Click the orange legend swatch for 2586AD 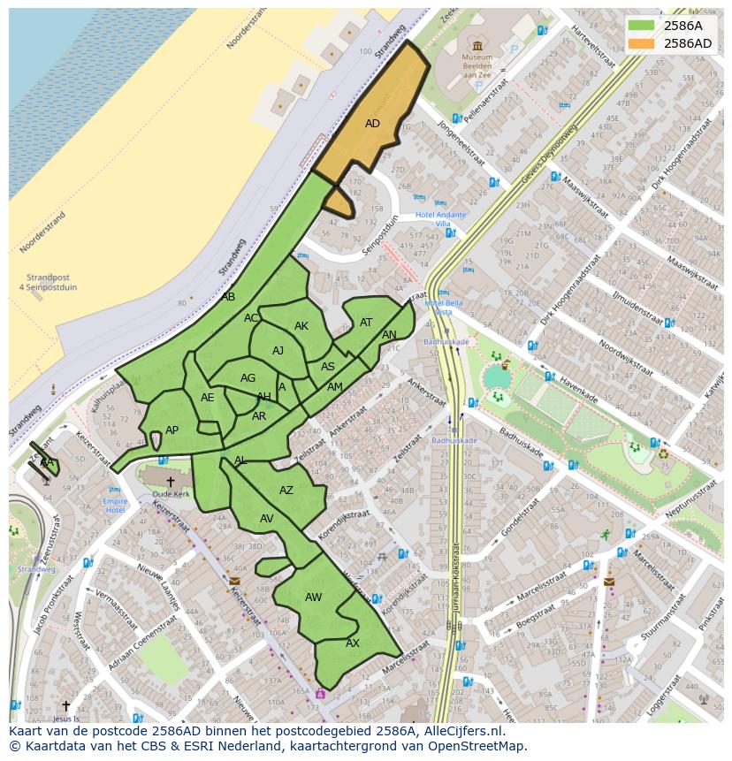[642, 42]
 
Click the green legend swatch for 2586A [642, 25]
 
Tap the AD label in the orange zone [372, 124]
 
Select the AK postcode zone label [301, 326]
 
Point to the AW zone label [313, 597]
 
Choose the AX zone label [353, 643]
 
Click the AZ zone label [286, 491]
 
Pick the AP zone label [172, 430]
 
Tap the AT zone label [366, 323]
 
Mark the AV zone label [267, 519]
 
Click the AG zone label [248, 378]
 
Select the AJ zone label [278, 351]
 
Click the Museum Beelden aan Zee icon [477, 45]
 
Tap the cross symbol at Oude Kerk [171, 482]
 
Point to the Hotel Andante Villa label [431, 219]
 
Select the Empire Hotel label [115, 506]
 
